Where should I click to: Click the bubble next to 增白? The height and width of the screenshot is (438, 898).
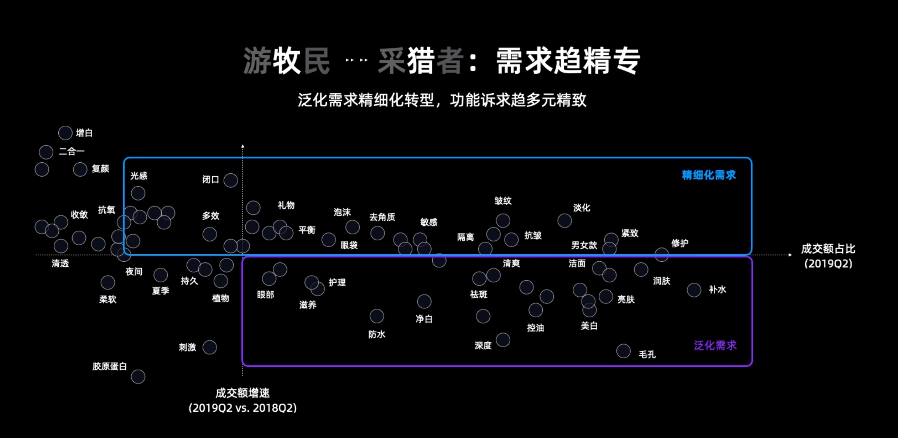[x=65, y=133]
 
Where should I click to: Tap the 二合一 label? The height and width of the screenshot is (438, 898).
[x=71, y=151]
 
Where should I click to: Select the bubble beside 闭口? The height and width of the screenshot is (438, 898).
[x=230, y=180]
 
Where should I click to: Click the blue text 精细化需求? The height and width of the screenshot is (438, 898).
[x=709, y=175]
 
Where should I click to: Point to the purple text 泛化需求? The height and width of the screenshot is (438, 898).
[x=715, y=345]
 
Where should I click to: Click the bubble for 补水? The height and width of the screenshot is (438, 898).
[x=694, y=290]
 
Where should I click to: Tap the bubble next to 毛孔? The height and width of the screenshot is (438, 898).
[x=623, y=351]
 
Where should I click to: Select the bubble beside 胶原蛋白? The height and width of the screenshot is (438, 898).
[x=138, y=377]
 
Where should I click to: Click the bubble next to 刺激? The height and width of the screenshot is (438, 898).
[x=210, y=347]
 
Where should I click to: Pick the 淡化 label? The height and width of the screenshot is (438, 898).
[x=581, y=208]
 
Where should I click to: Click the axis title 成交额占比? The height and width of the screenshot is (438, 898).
[x=828, y=249]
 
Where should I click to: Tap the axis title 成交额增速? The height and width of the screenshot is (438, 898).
[x=243, y=393]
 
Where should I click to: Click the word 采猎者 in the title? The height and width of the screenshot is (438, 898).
[x=421, y=61]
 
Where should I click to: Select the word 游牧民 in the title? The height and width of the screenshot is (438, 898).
[x=286, y=61]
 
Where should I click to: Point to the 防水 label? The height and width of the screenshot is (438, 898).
[x=377, y=335]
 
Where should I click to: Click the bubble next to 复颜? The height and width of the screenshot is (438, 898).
[x=80, y=169]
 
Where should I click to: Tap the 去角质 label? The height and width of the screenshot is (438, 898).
[x=382, y=217]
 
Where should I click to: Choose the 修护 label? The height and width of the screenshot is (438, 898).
[x=679, y=243]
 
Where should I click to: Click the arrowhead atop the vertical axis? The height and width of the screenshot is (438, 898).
[x=243, y=146]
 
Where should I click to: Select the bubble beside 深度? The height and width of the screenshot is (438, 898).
[x=503, y=340]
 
